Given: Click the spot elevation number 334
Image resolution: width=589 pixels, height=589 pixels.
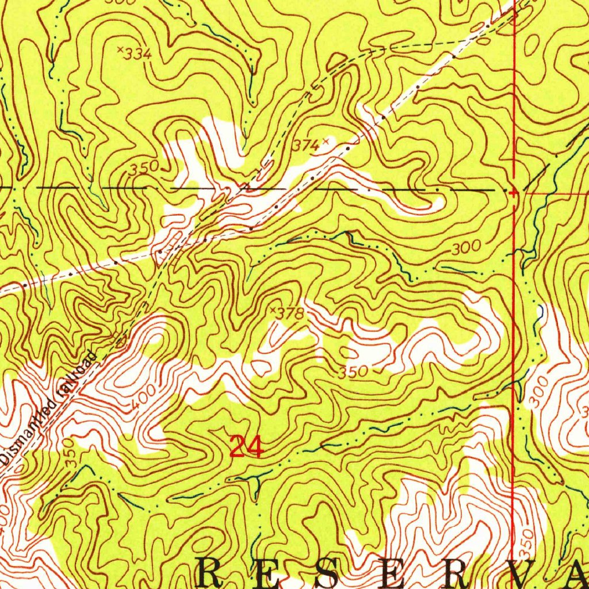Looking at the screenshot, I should [x=139, y=54].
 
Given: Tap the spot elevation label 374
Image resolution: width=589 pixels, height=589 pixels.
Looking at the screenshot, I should [x=305, y=146].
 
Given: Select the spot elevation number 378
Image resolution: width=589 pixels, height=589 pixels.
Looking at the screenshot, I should [x=288, y=314].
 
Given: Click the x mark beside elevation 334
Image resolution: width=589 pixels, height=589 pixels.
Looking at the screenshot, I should [x=120, y=49].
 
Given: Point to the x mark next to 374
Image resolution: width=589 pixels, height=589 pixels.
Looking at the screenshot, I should [x=326, y=140].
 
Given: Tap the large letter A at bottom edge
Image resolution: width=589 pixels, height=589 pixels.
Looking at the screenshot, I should [x=575, y=573].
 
